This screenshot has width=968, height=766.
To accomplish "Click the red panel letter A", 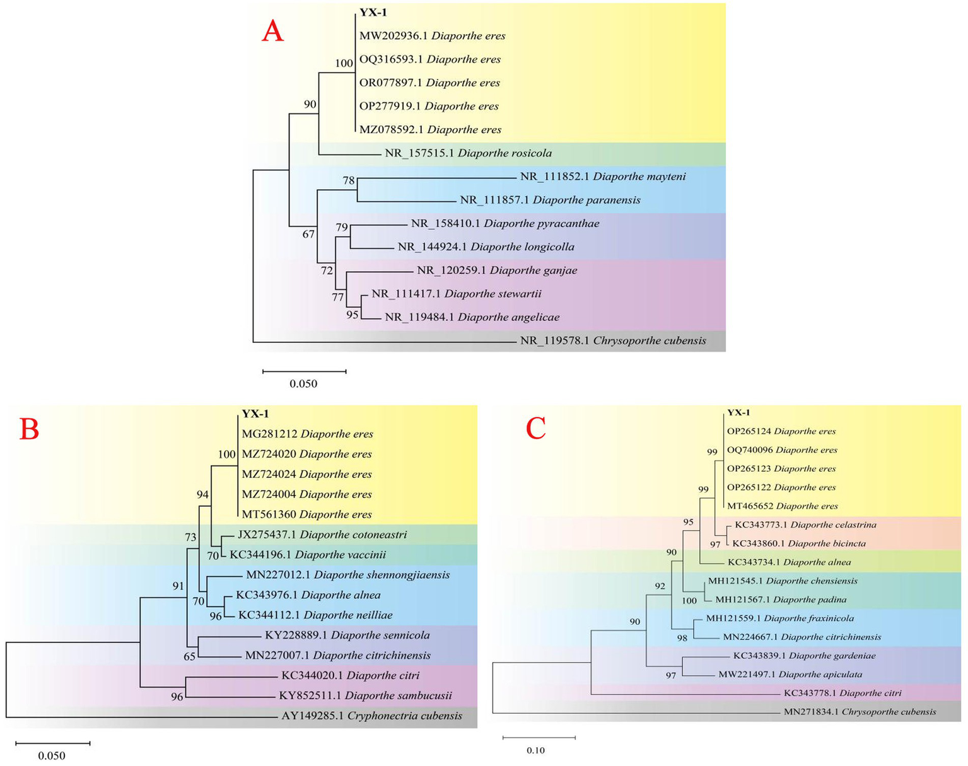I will coord(272,31).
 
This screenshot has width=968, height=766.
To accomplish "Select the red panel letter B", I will coord(30,429).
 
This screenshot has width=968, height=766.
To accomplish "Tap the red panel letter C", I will coord(535,429).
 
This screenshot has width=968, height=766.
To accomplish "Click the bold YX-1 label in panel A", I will coord(373,12).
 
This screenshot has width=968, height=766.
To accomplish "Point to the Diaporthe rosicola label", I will coord(468,153).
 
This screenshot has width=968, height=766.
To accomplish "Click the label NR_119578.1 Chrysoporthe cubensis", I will coord(613,340).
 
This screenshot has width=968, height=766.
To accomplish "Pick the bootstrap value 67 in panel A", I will coord(308,235).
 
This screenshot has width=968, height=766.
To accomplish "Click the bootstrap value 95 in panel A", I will coord(353,314).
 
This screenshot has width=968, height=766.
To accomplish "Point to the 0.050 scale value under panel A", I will coord(303,384).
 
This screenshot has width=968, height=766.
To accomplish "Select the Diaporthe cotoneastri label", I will coord(322,535).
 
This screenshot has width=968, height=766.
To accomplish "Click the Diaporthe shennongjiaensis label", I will coord(347,575).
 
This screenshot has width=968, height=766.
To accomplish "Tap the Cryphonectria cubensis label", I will coord(371,716).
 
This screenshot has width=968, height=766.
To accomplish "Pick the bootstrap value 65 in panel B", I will coord(190,656).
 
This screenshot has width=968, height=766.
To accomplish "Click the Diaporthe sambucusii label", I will coord(365,696).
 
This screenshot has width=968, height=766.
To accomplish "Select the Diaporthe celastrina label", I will coord(805,525).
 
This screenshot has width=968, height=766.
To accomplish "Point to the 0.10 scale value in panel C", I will coord(535,750).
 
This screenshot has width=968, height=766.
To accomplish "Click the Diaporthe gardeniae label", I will coord(804,656).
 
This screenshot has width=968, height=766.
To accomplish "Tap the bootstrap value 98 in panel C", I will coord(682,639).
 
